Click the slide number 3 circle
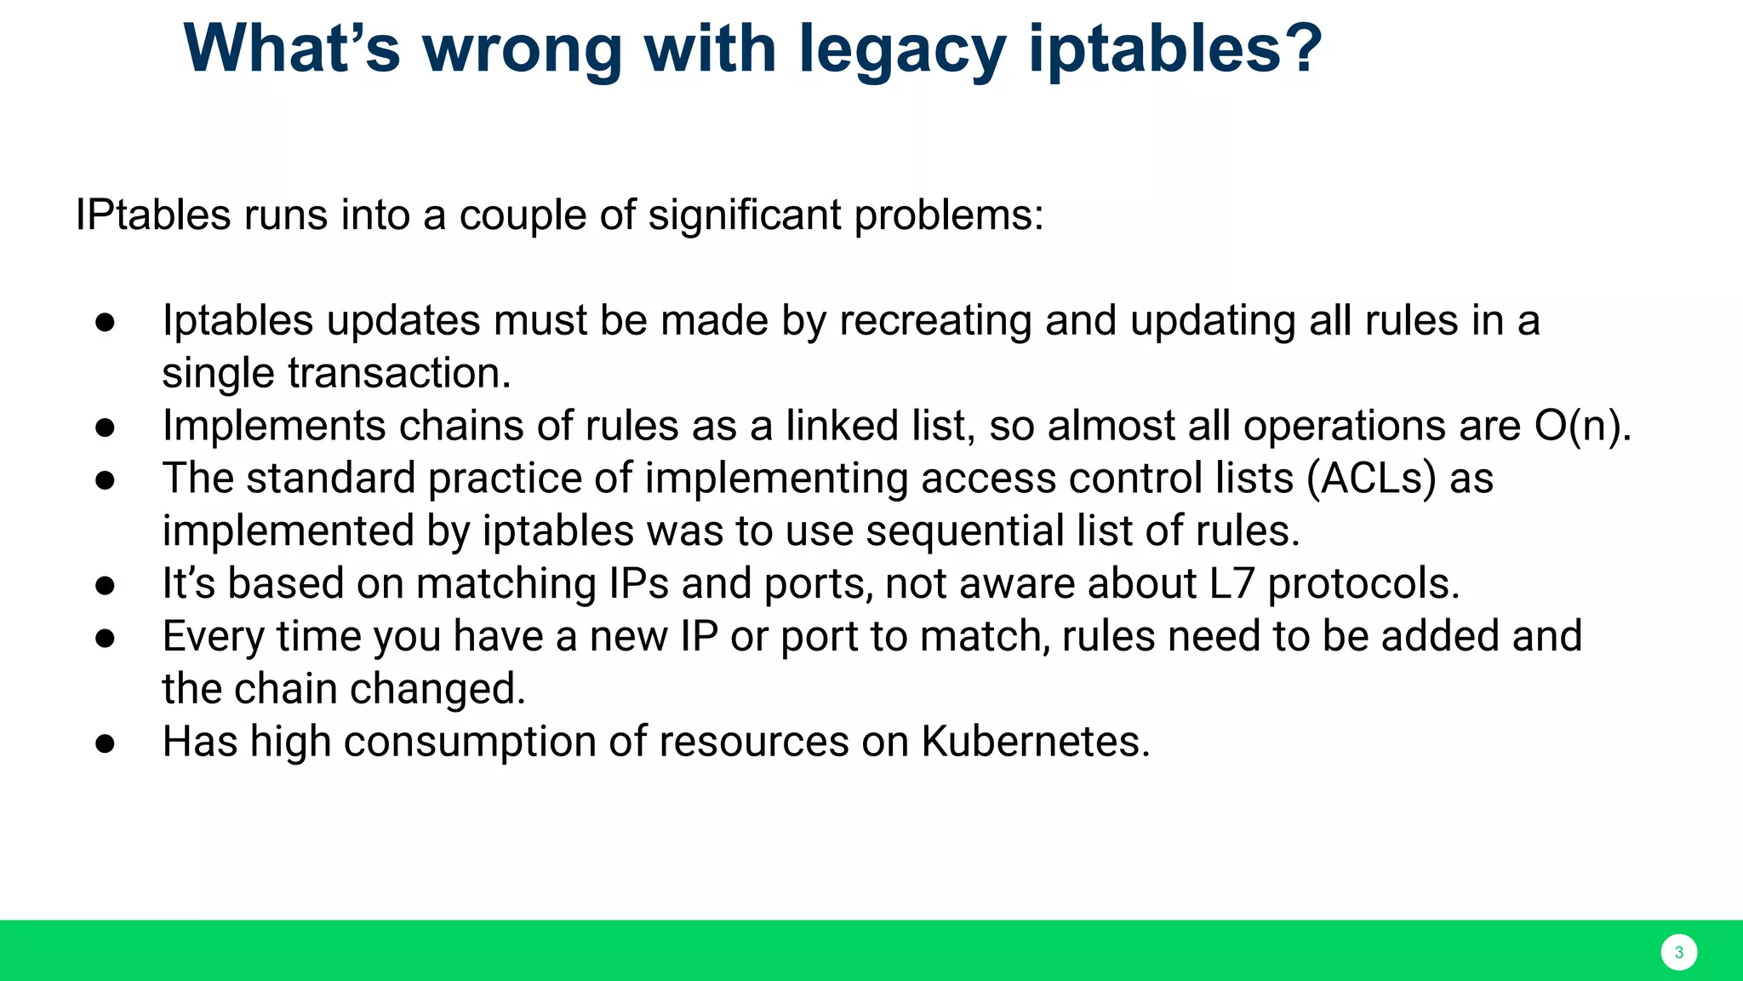[x=1678, y=952]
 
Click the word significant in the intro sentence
[x=745, y=215]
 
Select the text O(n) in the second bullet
[x=1579, y=426]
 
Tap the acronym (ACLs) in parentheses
[x=1371, y=479]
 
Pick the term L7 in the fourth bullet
[x=1232, y=584]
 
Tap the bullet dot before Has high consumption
[x=106, y=743]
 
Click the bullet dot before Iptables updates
[x=106, y=323]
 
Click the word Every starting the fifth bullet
[x=213, y=637]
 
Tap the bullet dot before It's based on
[x=106, y=586]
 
